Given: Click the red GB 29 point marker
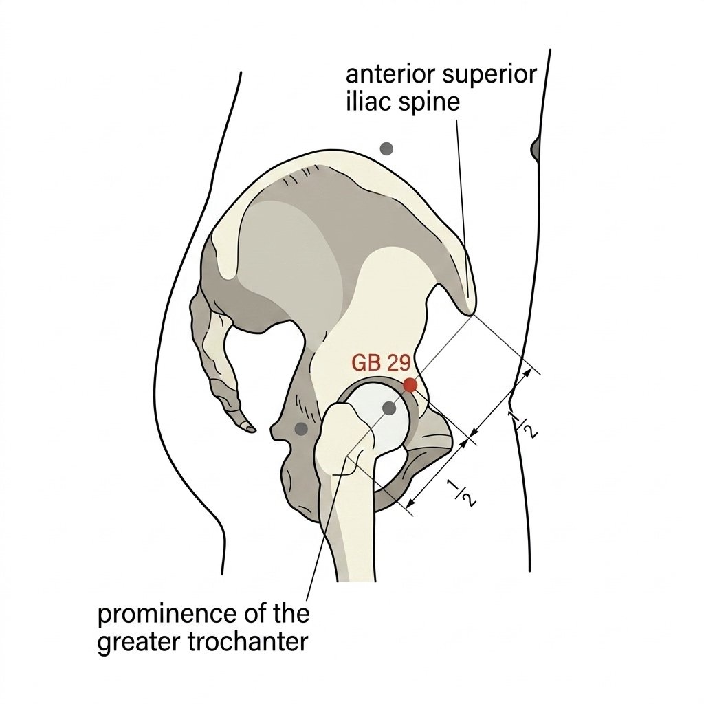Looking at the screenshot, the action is coord(410,385).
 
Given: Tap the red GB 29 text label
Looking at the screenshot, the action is coord(381,363).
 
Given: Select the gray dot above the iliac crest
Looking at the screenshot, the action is coord(386,148).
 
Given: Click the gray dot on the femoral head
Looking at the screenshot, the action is coord(389,408).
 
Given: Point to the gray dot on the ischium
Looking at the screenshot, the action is coord(301,428).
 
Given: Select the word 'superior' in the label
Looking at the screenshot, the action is coord(489,76).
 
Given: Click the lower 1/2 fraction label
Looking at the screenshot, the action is coord(461,493).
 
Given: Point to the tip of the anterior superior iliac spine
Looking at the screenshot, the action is coord(470,313).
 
